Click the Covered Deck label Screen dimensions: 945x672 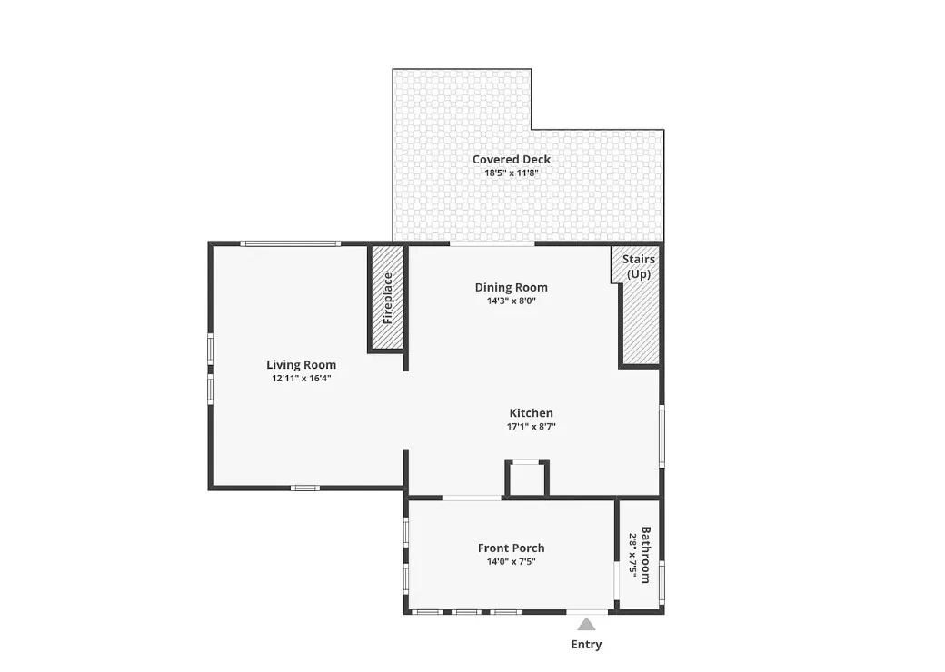click(511, 160)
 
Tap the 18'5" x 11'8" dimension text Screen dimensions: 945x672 click(511, 173)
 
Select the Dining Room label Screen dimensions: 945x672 click(511, 287)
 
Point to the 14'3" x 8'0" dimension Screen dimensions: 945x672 click(511, 301)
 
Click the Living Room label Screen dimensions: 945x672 click(302, 365)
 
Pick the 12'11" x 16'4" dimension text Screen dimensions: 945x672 click(302, 378)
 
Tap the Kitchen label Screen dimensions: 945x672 click(531, 413)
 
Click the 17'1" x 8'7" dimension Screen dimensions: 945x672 click(531, 426)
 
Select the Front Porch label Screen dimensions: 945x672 click(511, 548)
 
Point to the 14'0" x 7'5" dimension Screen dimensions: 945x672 click(511, 562)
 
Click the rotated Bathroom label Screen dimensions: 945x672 click(645, 555)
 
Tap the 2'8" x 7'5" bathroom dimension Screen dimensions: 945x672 click(632, 555)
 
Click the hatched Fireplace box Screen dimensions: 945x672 click(386, 298)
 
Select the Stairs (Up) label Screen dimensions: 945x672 click(638, 266)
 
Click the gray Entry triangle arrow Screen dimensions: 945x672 click(586, 624)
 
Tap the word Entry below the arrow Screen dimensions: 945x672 click(586, 644)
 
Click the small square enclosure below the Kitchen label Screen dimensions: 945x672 click(527, 479)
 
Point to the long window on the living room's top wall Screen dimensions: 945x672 click(291, 243)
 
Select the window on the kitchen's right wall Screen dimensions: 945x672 click(661, 435)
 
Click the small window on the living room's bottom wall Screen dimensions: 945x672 click(305, 488)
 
